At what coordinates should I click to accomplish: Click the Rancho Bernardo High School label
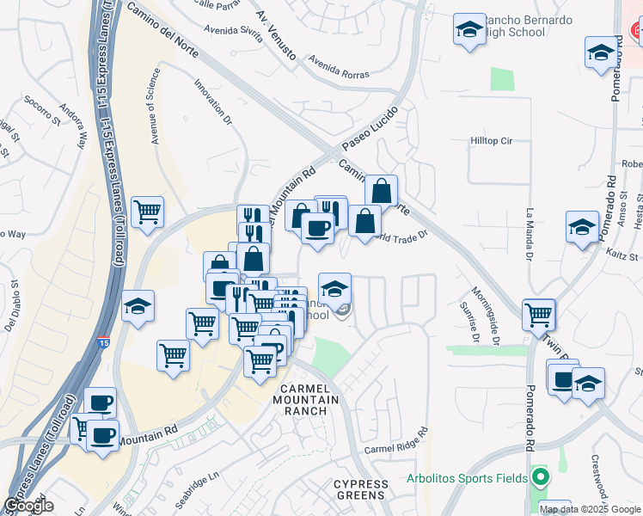(x=515, y=26)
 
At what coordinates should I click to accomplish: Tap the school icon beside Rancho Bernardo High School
(x=469, y=29)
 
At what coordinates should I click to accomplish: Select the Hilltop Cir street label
(x=491, y=140)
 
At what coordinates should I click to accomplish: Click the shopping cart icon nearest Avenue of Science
(x=148, y=209)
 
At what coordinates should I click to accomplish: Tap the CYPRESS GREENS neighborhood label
(x=362, y=490)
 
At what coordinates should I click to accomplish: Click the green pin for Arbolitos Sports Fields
(x=540, y=476)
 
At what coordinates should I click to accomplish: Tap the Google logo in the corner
(x=29, y=506)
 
